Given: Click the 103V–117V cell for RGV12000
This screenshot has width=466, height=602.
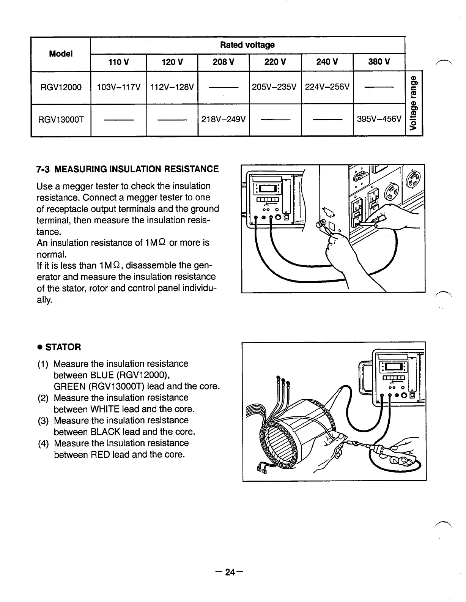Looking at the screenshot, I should [x=118, y=87].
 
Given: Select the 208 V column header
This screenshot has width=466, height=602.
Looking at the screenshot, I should [x=223, y=62].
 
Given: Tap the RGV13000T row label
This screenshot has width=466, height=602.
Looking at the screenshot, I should [x=61, y=120].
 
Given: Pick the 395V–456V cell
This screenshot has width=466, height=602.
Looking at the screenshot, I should [x=379, y=120].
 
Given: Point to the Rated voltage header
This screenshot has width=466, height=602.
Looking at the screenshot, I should [x=247, y=45].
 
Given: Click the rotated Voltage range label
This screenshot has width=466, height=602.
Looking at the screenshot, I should [x=414, y=102].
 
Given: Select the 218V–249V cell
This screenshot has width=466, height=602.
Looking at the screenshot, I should [x=224, y=120].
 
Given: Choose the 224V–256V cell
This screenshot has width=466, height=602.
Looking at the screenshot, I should [x=327, y=87].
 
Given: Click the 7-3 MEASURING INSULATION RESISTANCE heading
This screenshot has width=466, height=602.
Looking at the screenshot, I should [x=128, y=169].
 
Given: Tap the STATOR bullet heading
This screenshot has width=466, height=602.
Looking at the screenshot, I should [x=63, y=347].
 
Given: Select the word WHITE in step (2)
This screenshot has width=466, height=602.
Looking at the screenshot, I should [x=104, y=409].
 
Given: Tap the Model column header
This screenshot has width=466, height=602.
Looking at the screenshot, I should [x=61, y=54].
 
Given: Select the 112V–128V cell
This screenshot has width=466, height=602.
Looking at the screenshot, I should [x=172, y=87].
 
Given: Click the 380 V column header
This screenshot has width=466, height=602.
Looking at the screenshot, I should [x=379, y=62].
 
